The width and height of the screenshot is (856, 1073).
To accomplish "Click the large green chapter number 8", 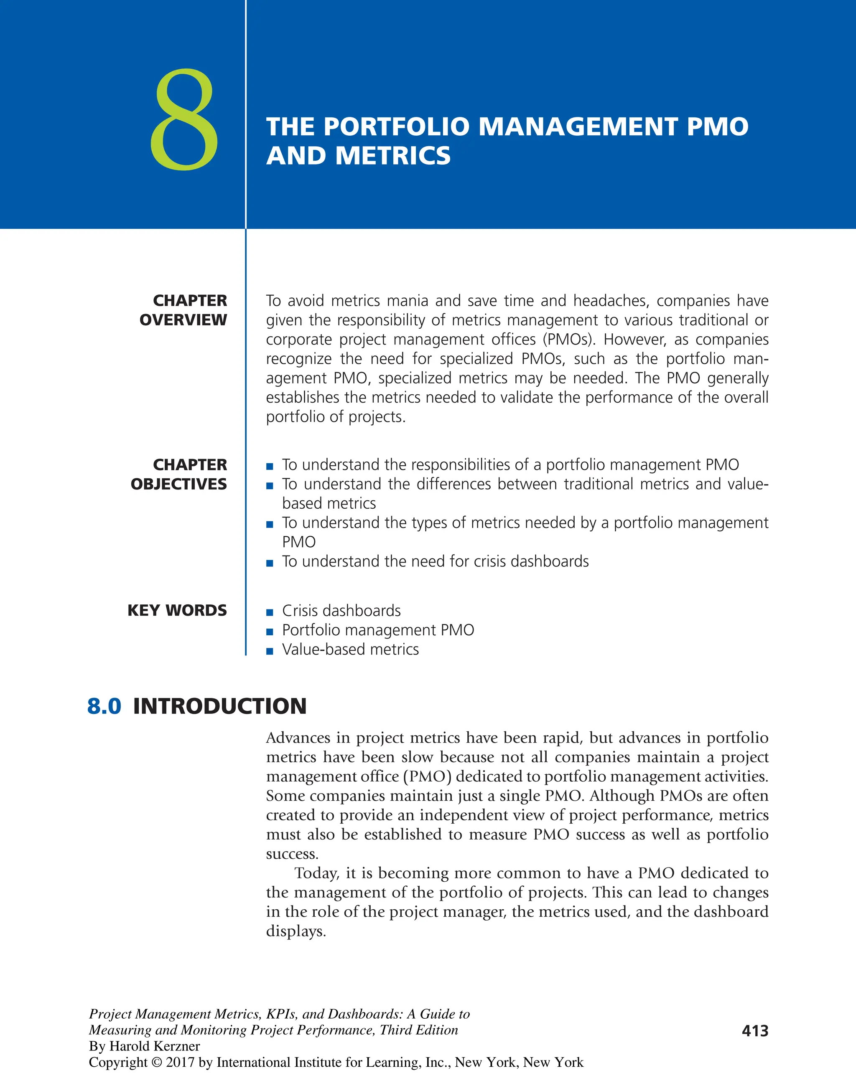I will pos(184,119).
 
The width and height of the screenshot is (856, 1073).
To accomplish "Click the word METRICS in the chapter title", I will pos(393,156).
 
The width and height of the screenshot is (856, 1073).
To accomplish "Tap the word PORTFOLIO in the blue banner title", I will pos(396,127).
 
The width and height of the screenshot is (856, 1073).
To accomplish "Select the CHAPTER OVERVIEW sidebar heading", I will pos(183,310).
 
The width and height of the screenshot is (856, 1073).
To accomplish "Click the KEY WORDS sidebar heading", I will pos(177,610).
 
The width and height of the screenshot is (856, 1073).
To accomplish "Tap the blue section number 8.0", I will pos(104,706).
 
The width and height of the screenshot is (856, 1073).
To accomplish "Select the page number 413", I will pos(755,1031).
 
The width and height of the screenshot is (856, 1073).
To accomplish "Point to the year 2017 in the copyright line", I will pos(181,1062).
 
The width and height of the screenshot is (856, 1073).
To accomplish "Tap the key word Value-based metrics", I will pos(350,649).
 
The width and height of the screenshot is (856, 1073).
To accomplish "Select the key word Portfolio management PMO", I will pos(378,630).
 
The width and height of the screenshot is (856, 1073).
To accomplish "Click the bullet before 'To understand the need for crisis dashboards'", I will pos(270,563).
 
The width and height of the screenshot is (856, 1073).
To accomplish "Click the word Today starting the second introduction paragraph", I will pos(317,873).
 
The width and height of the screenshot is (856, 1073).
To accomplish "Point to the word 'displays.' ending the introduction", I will pos(296,931).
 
